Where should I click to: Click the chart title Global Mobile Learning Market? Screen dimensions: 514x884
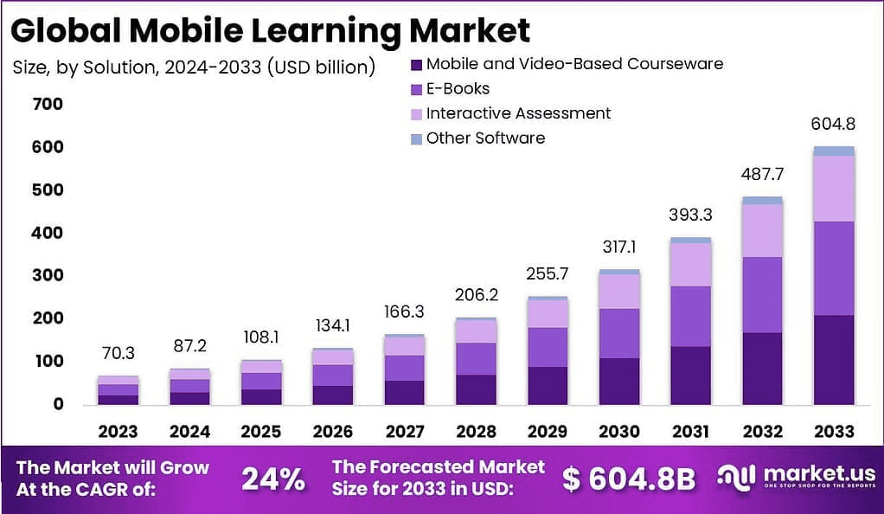tap(271, 30)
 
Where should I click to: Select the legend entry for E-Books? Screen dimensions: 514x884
tap(458, 88)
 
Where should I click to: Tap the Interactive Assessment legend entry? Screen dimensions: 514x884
tap(518, 113)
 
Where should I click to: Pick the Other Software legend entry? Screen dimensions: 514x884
tap(485, 138)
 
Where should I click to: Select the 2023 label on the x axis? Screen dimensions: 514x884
tap(118, 431)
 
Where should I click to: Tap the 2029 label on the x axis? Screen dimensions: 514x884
tap(548, 431)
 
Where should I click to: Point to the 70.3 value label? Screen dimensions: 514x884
tap(118, 353)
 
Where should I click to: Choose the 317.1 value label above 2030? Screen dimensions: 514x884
tap(619, 247)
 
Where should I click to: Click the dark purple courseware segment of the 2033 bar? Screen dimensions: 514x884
tap(834, 359)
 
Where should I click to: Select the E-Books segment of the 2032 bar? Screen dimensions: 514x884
tap(762, 294)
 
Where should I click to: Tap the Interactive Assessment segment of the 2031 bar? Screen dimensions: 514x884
tap(690, 264)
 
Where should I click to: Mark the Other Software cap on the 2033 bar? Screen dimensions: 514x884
tap(834, 151)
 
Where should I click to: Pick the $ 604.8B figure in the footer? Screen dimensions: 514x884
tap(628, 479)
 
